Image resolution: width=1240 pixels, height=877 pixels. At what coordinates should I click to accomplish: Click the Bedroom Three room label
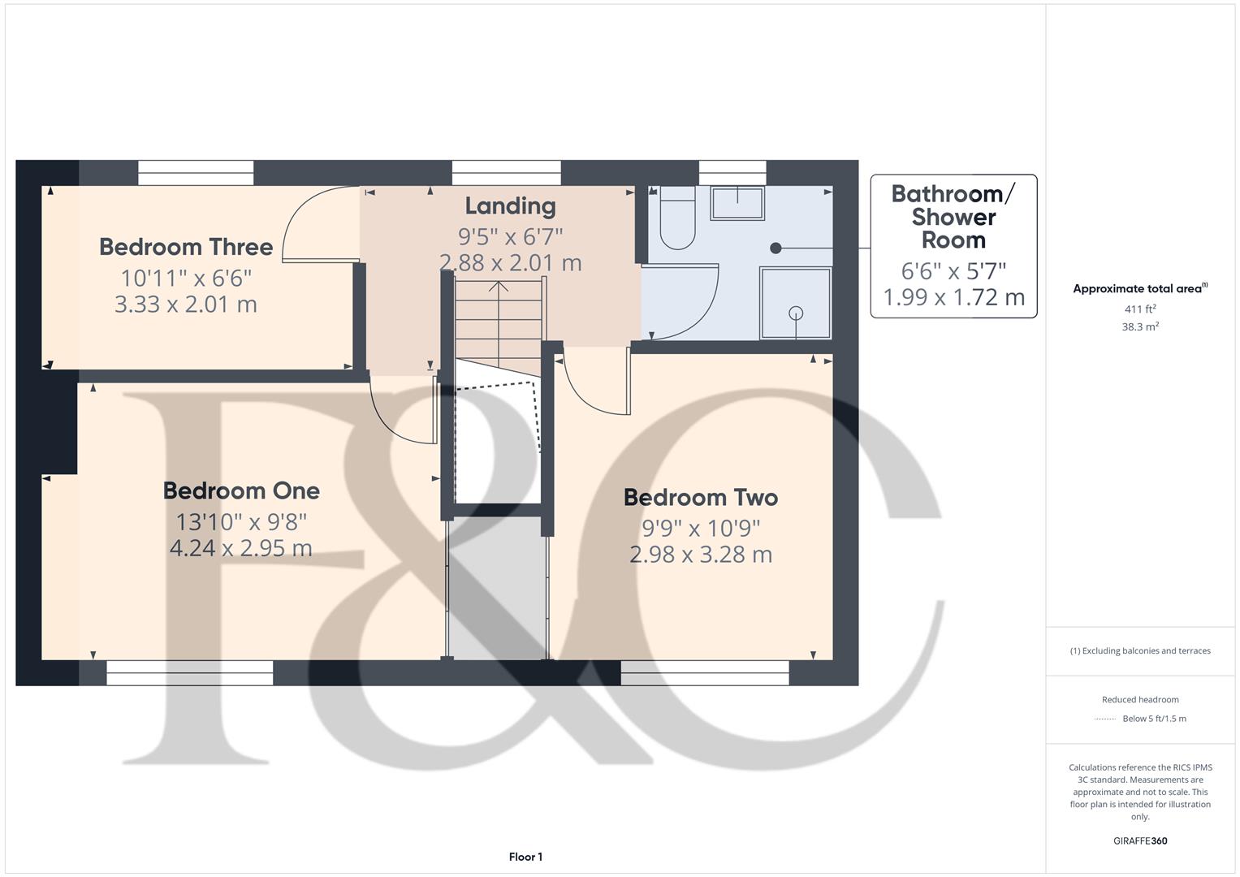pyautogui.click(x=186, y=247)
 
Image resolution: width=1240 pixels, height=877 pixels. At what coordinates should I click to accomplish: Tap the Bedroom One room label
pyautogui.click(x=241, y=490)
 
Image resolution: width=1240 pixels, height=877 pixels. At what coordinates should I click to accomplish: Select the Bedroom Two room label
pyautogui.click(x=700, y=497)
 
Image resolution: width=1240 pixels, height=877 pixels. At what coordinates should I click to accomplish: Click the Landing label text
pyautogui.click(x=510, y=206)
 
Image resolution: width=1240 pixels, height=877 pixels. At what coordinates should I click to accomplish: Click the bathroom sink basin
pyautogui.click(x=737, y=203)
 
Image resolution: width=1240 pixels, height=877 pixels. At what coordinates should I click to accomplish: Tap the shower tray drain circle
pyautogui.click(x=796, y=313)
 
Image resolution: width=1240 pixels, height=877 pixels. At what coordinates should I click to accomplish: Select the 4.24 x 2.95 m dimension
pyautogui.click(x=240, y=548)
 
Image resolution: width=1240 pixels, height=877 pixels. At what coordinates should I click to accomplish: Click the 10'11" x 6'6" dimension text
pyautogui.click(x=186, y=279)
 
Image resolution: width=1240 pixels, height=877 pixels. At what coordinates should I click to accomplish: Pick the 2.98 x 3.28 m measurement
pyautogui.click(x=700, y=555)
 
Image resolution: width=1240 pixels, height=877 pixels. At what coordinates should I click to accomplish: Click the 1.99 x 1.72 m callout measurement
pyautogui.click(x=953, y=297)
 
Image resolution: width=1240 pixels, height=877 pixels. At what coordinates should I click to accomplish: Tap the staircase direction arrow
pyautogui.click(x=499, y=287)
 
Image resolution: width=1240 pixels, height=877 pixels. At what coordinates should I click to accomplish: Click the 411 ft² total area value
pyautogui.click(x=1139, y=309)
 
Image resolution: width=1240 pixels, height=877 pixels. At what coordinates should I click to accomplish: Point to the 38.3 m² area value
pyautogui.click(x=1139, y=327)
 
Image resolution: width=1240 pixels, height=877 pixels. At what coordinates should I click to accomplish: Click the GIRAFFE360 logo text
pyautogui.click(x=1139, y=840)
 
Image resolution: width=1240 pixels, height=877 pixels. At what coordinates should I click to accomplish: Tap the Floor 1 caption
pyautogui.click(x=525, y=857)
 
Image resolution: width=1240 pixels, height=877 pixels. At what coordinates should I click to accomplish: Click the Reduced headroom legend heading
pyautogui.click(x=1139, y=700)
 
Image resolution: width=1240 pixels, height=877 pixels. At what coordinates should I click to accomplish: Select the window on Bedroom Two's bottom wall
pyautogui.click(x=705, y=672)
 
